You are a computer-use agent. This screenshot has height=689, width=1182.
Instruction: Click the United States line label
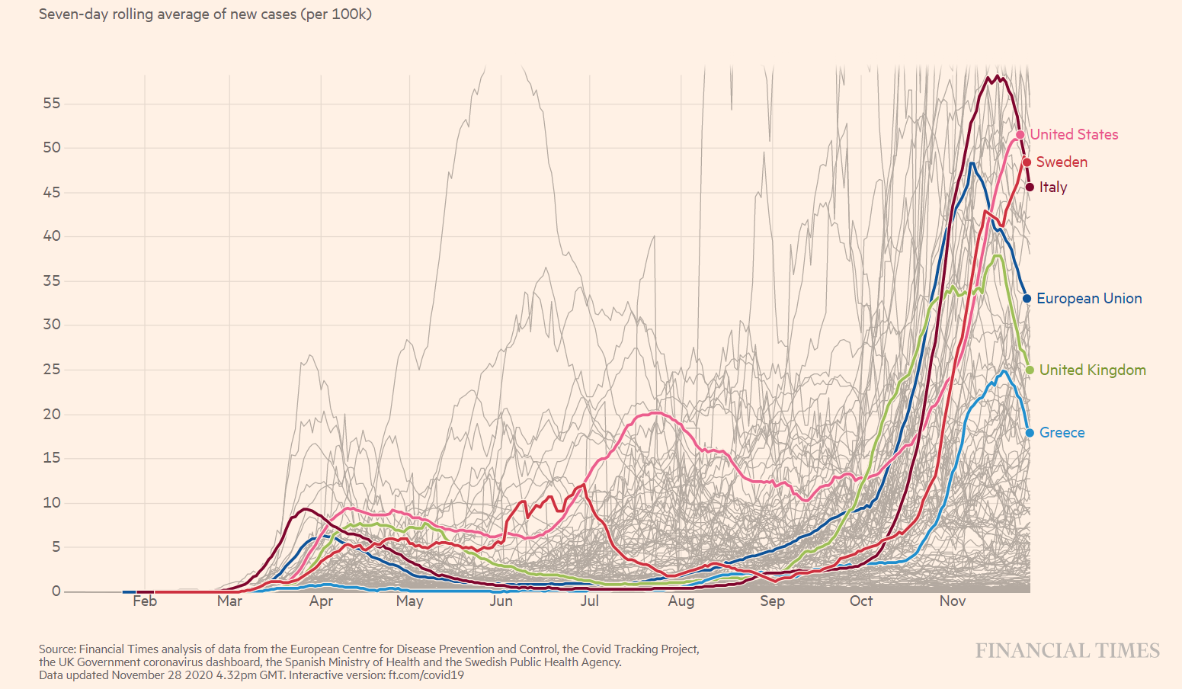point(1074,135)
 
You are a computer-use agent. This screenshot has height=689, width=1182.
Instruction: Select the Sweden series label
point(1061,162)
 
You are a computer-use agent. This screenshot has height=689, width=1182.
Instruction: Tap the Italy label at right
point(1052,187)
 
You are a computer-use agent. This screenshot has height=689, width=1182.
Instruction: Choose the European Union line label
point(1088,299)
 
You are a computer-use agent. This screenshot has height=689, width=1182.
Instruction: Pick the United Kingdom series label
point(1092,370)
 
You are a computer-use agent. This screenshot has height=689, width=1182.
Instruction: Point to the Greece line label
point(1062,433)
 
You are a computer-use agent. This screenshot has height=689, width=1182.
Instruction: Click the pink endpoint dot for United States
point(1020,135)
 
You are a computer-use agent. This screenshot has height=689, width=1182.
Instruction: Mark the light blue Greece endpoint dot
point(1030,433)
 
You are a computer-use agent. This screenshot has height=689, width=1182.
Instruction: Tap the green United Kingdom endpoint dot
point(1030,370)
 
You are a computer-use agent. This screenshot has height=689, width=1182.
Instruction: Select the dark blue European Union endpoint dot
point(1027,299)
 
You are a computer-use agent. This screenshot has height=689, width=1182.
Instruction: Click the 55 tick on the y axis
point(51,104)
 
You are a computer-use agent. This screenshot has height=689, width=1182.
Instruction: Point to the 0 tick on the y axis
point(56,591)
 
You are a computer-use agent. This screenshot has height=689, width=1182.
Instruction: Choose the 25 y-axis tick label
point(51,370)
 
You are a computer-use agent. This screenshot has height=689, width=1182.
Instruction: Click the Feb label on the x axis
point(145,601)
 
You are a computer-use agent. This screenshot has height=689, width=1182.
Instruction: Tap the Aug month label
point(681,601)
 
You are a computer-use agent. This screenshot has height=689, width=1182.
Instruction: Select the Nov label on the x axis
point(953,601)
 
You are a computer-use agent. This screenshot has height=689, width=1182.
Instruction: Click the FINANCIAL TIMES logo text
point(1067,651)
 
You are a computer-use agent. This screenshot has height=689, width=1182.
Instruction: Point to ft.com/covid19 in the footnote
point(426,675)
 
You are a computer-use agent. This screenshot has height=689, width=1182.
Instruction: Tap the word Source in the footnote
point(57,649)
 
